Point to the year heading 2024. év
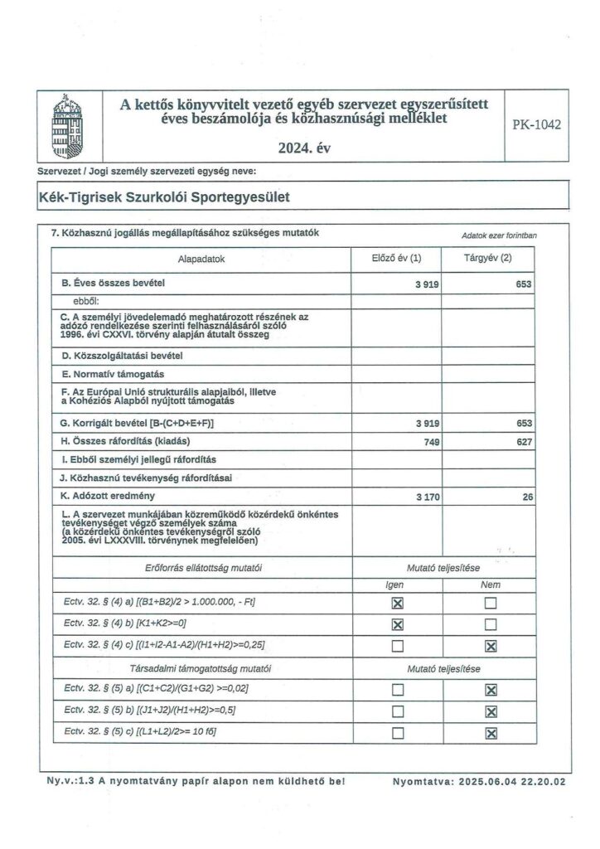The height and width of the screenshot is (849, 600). point(305,149)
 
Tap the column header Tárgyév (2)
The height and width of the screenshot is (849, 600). point(488,259)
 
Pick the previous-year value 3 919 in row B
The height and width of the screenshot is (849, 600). point(428,284)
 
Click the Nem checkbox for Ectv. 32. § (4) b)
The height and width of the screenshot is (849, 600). point(489,623)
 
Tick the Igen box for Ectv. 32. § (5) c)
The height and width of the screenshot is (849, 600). point(397,732)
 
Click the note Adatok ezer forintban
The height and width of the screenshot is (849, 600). point(499,235)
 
